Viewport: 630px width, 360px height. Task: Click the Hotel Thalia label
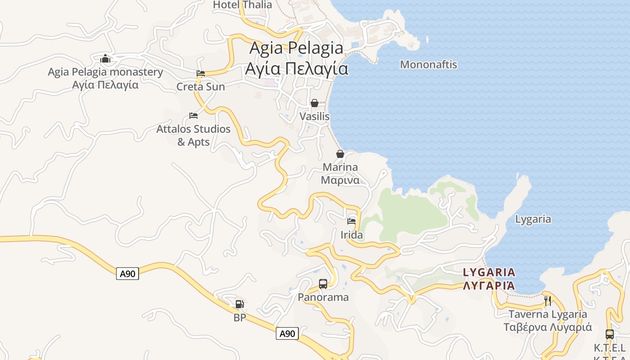pos(242,5)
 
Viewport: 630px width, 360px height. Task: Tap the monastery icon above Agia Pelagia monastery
pos(105,58)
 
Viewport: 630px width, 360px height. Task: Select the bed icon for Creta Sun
pos(201,73)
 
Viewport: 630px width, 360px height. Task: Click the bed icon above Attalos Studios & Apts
pos(193,116)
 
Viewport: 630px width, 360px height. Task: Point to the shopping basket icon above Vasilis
pos(315,103)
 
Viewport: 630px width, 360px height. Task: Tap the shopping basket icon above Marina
pos(340,154)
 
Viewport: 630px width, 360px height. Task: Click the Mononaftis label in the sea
pos(428,65)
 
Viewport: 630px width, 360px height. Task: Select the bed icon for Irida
pos(351,221)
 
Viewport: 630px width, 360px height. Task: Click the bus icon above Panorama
pos(323,284)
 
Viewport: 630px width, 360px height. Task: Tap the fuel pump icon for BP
pos(240,304)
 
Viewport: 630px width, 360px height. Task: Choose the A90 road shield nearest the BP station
pos(287,333)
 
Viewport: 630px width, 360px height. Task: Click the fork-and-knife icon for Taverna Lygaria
pos(548,301)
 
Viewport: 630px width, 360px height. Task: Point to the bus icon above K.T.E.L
pos(610,334)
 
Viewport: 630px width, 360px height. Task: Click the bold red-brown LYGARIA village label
pos(489,272)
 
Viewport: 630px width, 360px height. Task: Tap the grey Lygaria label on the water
pos(533,220)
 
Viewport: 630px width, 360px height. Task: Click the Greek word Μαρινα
pos(340,180)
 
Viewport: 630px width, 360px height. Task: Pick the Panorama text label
pos(323,297)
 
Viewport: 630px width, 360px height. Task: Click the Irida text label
pos(351,235)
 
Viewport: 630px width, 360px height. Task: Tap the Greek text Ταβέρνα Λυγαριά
pos(548,327)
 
